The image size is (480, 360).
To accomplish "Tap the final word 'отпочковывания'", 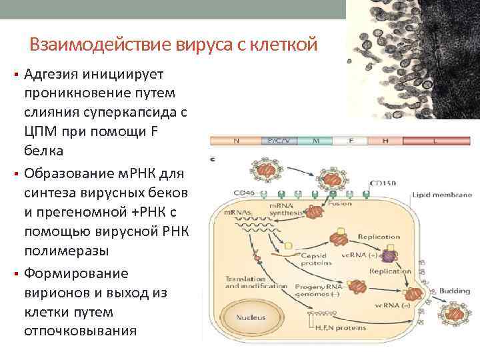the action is pos(80,330).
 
